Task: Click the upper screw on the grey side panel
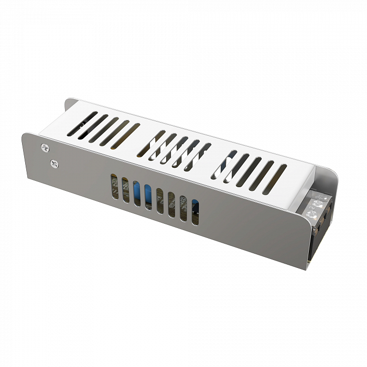tap(44, 147)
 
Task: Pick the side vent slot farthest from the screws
tap(195, 212)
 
